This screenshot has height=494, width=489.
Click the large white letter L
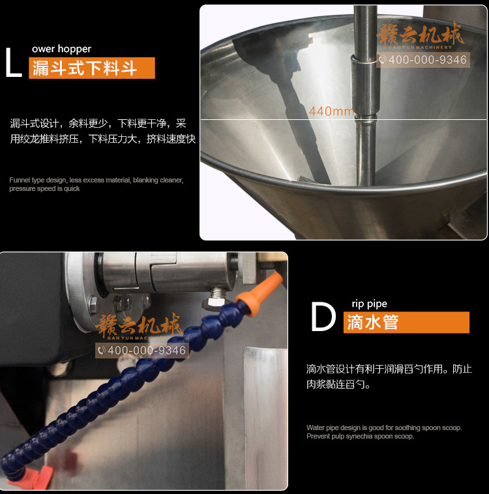[x=12, y=63]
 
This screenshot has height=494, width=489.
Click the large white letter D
[x=323, y=317]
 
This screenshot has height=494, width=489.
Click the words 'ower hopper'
[x=61, y=49]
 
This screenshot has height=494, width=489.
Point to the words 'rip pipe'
[x=370, y=304]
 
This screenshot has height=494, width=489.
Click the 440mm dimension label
[x=332, y=111]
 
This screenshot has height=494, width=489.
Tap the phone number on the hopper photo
[x=423, y=60]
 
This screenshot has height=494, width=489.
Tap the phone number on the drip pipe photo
[x=142, y=351]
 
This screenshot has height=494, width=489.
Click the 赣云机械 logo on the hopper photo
[x=421, y=36]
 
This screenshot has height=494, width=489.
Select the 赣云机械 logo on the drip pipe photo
[x=139, y=326]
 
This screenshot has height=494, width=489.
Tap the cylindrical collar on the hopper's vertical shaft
[x=364, y=85]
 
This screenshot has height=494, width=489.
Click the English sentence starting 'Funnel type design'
[x=96, y=184]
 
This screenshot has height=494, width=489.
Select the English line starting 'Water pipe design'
[x=384, y=428]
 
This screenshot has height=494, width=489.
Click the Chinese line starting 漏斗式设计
[x=98, y=124]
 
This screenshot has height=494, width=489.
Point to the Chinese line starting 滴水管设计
[x=389, y=369]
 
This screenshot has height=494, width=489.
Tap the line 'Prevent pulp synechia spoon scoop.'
[x=360, y=437]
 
